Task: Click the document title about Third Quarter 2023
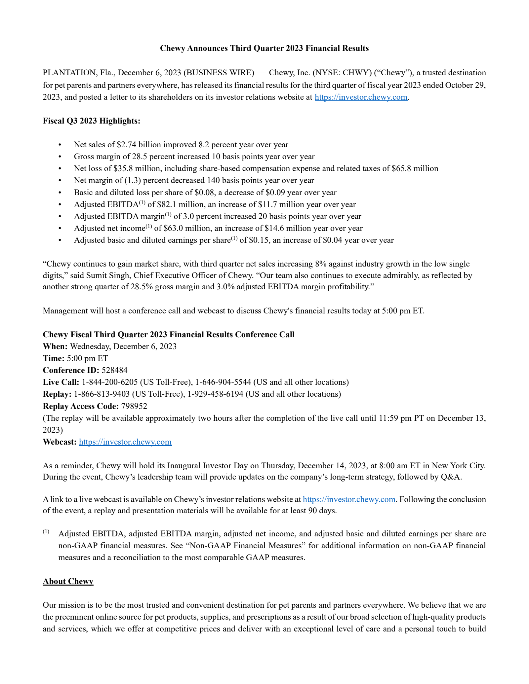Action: pyautogui.click(x=264, y=48)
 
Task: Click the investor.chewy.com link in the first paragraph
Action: pyautogui.click(x=361, y=97)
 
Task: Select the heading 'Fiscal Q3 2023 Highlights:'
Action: pyautogui.click(x=92, y=121)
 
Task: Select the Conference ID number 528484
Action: pyautogui.click(x=114, y=370)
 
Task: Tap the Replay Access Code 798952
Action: pyautogui.click(x=134, y=406)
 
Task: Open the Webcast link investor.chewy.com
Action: pyautogui.click(x=125, y=442)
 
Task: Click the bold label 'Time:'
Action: pyautogui.click(x=54, y=358)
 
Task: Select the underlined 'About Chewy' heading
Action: pyautogui.click(x=68, y=581)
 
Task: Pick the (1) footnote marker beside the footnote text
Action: pyautogui.click(x=46, y=531)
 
